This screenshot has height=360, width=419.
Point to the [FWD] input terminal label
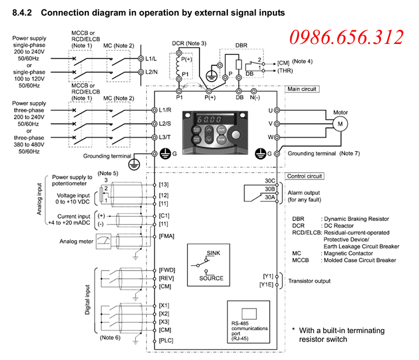167,270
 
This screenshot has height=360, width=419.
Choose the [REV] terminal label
167,278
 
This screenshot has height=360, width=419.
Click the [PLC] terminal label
167,341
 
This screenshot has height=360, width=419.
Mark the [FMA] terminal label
167,236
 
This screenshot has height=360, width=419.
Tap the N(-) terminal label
255,97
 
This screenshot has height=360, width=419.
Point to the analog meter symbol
106,241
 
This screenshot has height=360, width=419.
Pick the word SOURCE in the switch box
211,278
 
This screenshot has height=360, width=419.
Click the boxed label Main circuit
302,89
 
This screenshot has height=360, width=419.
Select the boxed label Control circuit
304,176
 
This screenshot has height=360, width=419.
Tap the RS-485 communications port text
249,328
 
